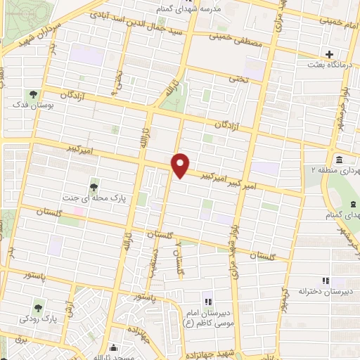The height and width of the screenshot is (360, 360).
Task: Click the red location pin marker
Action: [x=181, y=165]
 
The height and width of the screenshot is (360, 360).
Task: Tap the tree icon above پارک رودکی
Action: [x=37, y=306]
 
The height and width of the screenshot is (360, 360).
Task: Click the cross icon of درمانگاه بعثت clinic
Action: [x=328, y=54]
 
